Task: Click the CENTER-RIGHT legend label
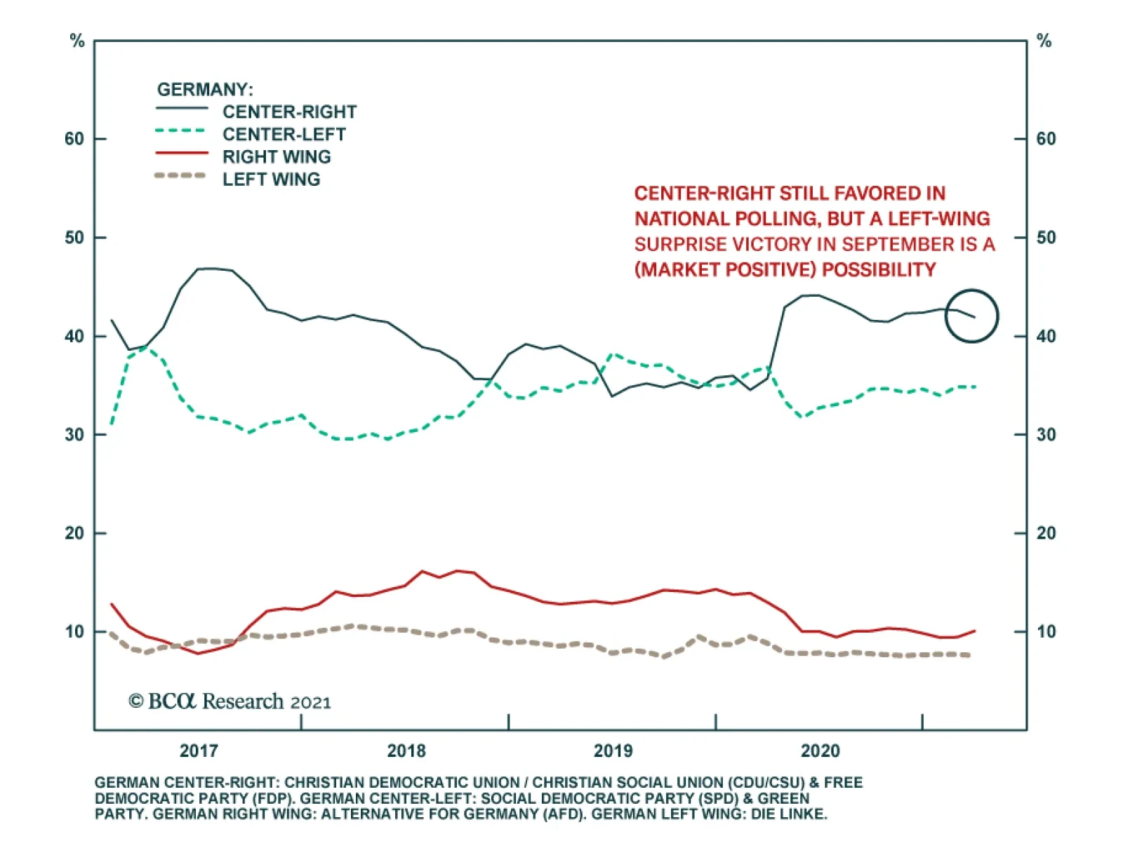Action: [289, 112]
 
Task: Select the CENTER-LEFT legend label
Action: [284, 135]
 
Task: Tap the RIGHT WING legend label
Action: [277, 157]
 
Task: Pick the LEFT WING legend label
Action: [271, 180]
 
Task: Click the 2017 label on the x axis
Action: [199, 751]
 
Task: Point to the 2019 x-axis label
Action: [613, 751]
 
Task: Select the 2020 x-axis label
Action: [820, 751]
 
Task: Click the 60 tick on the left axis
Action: [74, 139]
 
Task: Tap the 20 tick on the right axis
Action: [1046, 534]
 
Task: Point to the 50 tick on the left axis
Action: [74, 238]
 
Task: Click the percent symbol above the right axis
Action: [1044, 41]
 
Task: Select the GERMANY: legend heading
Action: [205, 90]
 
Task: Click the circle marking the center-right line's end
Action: [971, 316]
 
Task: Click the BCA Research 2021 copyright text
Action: [230, 701]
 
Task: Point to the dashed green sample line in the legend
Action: [181, 130]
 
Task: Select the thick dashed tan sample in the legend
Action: [181, 175]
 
